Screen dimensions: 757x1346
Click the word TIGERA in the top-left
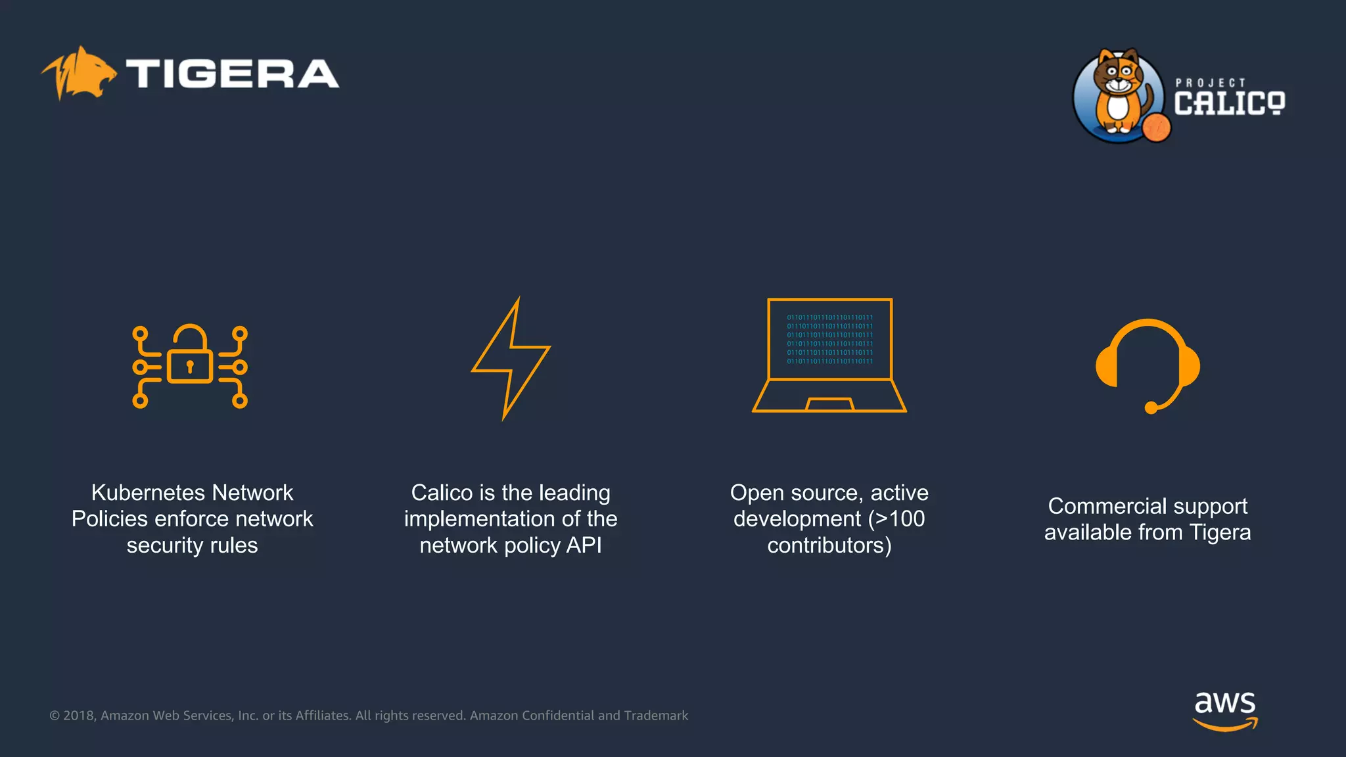click(x=232, y=74)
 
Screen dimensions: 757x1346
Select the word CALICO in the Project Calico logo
click(x=1229, y=104)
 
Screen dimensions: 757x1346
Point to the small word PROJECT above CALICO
click(x=1210, y=83)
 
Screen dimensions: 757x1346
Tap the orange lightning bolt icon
click(x=511, y=358)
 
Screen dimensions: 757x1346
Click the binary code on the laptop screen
click(x=829, y=339)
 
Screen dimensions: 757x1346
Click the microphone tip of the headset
click(x=1151, y=408)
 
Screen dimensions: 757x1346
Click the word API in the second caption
click(x=584, y=545)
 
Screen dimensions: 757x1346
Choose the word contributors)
click(x=829, y=545)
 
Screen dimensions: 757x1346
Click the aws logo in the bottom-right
click(x=1225, y=709)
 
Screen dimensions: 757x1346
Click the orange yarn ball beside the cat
click(x=1156, y=127)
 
